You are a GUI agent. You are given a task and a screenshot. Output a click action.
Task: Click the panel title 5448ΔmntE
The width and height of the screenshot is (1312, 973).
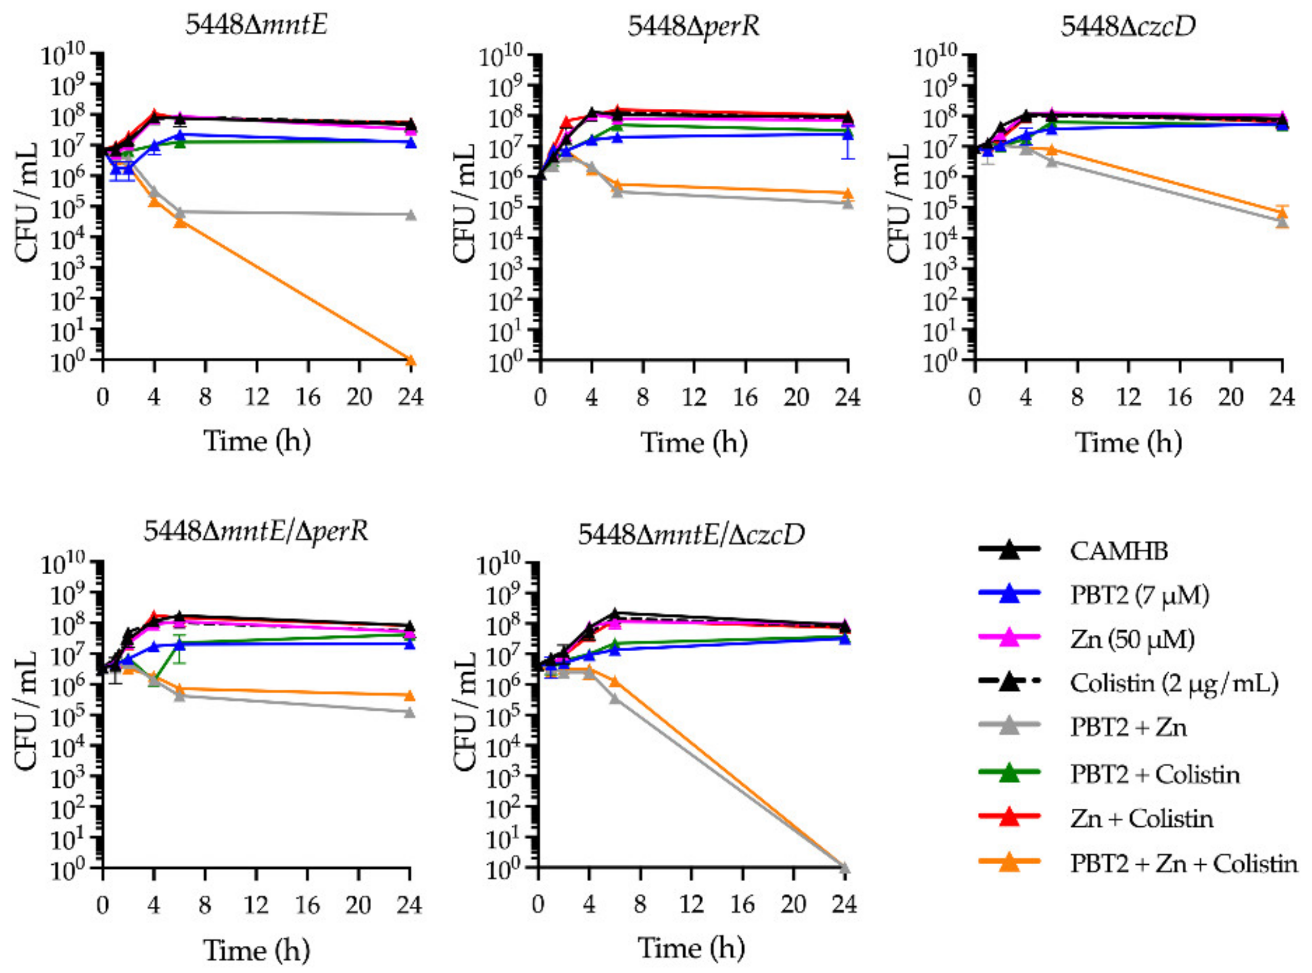pos(256,25)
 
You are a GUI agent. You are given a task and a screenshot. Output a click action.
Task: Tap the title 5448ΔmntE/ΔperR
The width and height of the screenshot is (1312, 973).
pos(256,531)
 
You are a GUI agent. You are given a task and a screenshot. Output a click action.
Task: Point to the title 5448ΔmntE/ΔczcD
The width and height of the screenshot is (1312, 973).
pos(691,534)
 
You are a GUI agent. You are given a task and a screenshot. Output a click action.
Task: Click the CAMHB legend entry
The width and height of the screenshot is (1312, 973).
pos(1118,551)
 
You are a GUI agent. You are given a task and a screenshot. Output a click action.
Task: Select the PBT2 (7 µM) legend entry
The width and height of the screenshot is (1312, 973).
pos(1140,595)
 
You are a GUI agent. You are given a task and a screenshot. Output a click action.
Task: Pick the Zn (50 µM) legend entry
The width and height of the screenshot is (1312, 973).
pos(1132,639)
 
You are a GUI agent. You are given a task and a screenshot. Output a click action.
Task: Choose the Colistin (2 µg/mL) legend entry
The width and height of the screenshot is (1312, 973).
pos(1174,683)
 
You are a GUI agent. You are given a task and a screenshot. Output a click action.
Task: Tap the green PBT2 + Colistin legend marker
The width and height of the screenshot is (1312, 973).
pos(1009,773)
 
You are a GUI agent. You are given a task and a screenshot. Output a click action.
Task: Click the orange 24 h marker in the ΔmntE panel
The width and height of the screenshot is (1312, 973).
pos(411,360)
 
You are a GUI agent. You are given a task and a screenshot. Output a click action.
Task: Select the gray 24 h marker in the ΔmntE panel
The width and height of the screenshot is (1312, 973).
pos(411,215)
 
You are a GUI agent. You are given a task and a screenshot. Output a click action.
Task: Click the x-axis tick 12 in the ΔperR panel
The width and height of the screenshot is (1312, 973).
pos(694,398)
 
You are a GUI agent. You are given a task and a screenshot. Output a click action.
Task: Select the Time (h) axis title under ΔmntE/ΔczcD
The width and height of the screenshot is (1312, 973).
pos(691,948)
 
